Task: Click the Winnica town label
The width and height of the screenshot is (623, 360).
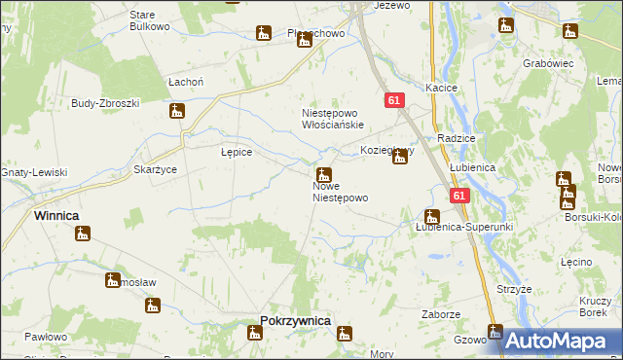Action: [x=56, y=215]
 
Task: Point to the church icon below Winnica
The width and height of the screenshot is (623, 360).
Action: [x=84, y=234]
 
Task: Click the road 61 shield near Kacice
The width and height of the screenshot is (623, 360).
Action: [x=394, y=100]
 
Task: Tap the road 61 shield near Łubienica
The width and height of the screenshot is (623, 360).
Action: [x=460, y=196]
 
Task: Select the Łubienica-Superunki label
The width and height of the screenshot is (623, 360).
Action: [x=463, y=227]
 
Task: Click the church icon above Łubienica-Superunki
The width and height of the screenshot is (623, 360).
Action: [x=431, y=216]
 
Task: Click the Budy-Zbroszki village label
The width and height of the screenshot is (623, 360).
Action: [x=106, y=102]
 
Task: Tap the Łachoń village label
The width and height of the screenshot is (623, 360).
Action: [x=185, y=82]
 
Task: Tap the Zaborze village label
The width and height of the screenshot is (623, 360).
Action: [x=440, y=314]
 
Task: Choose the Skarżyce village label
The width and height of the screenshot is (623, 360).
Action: [x=155, y=168]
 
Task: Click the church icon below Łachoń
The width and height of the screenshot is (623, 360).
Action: [x=177, y=111]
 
